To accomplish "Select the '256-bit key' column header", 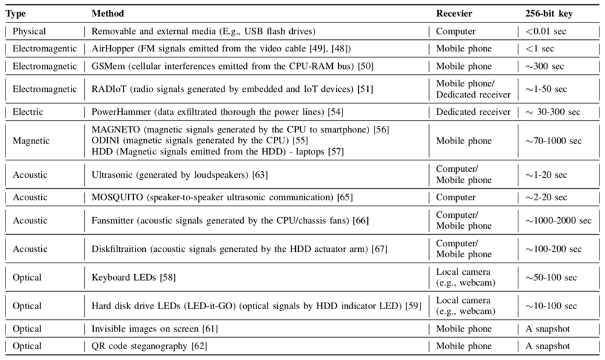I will [x=548, y=13].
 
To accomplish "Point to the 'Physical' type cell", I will [x=29, y=31].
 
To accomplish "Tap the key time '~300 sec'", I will [x=546, y=66].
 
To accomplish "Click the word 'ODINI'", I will [x=104, y=141].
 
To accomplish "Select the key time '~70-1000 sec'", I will [x=554, y=141].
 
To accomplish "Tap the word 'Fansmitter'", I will [x=113, y=220].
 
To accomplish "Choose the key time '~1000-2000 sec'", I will [x=558, y=220].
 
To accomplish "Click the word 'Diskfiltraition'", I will [x=120, y=249].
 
